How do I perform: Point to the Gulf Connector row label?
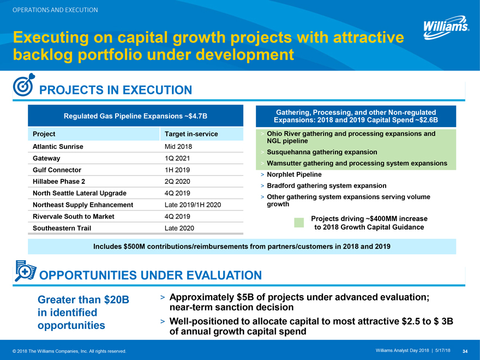(x=54, y=170)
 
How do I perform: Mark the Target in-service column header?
(x=191, y=134)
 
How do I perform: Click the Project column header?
(x=44, y=134)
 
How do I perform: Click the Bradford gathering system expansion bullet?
(x=326, y=186)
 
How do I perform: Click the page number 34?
(x=465, y=350)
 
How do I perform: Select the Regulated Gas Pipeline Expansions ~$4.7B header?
(x=135, y=116)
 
